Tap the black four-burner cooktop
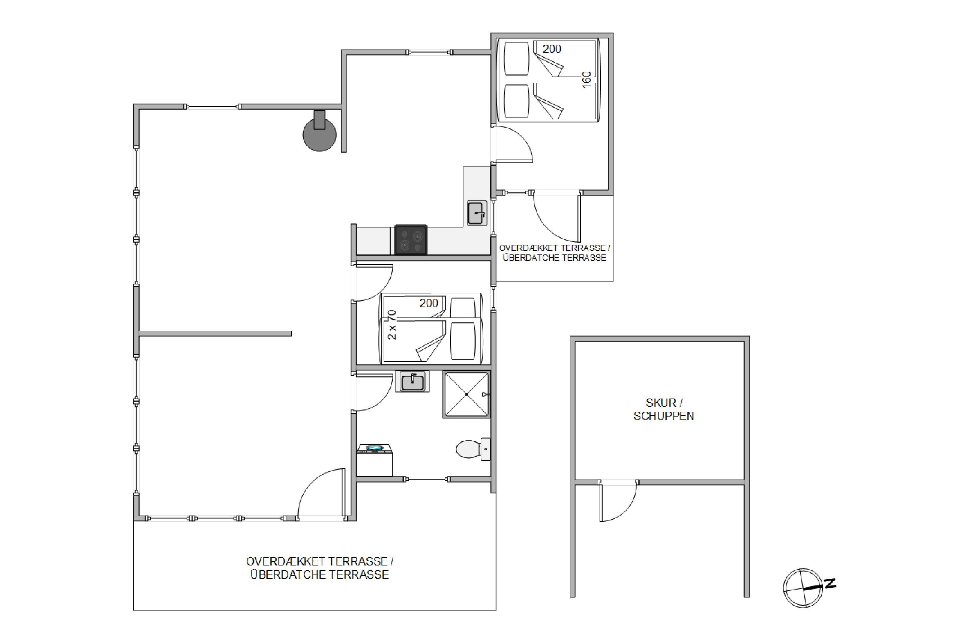[411, 240]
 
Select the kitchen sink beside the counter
[477, 213]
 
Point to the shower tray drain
[467, 394]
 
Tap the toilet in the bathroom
[473, 449]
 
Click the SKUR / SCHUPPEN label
[664, 409]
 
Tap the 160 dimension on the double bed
[586, 79]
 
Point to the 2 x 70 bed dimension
[392, 325]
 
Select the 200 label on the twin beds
[429, 303]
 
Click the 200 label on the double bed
[551, 49]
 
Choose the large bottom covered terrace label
[319, 568]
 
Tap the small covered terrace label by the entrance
[554, 253]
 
